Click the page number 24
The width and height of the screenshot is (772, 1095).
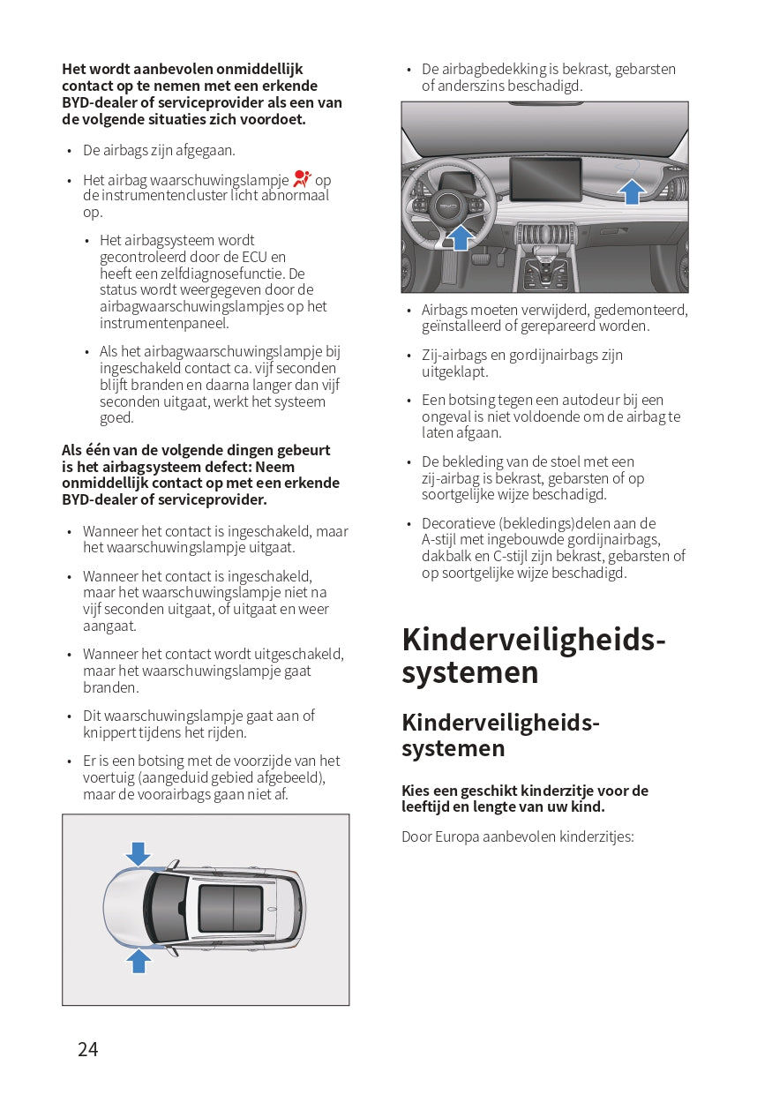click(x=88, y=1049)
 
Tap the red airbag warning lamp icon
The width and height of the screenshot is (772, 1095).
click(x=303, y=179)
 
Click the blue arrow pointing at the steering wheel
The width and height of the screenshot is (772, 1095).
click(x=460, y=236)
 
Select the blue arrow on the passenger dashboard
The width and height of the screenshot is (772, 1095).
click(x=630, y=190)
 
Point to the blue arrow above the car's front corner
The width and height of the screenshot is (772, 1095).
click(x=138, y=853)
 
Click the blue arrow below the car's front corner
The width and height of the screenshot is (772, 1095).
click(x=139, y=959)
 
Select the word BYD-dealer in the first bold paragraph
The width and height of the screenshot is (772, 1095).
click(x=100, y=102)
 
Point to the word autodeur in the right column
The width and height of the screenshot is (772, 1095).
click(x=590, y=400)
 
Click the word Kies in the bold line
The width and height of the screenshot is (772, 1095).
click(x=416, y=791)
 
